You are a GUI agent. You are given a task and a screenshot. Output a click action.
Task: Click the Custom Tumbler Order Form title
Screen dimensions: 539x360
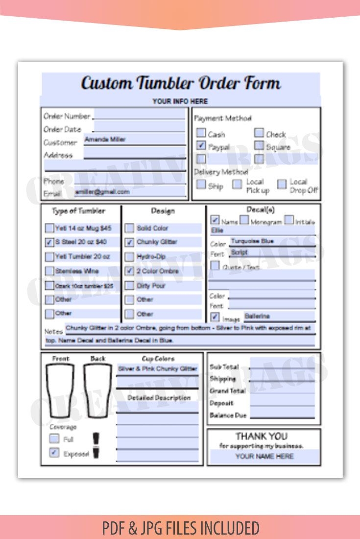tap(180, 83)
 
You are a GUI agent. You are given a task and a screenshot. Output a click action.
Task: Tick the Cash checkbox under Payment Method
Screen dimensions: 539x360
tap(201, 133)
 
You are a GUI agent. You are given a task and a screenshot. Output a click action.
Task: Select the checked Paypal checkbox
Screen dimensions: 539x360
tap(201, 146)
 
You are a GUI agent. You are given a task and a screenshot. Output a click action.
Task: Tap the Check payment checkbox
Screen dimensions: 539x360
tap(259, 133)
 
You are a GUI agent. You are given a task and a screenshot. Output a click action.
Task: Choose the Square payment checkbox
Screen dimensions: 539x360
tap(259, 146)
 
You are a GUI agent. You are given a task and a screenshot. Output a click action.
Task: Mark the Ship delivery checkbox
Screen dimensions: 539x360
tap(201, 185)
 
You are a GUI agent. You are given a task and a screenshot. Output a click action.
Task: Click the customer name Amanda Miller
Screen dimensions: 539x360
tap(105, 140)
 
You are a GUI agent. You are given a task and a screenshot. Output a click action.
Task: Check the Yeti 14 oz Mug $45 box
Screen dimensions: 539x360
tap(49, 228)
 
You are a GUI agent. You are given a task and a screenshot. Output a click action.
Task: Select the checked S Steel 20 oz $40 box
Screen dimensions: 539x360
tap(49, 242)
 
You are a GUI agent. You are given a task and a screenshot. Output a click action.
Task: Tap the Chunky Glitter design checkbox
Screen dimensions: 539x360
tap(129, 242)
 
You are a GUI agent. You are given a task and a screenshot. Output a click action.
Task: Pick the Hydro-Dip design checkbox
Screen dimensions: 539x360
tap(129, 256)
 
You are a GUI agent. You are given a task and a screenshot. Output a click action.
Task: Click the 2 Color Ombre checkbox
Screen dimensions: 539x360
tap(129, 270)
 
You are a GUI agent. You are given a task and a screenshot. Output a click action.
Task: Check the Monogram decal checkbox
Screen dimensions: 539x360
tap(244, 220)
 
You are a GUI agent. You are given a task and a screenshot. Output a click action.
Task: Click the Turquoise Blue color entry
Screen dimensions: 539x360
tap(252, 241)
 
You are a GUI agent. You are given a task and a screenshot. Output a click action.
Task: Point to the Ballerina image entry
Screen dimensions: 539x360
tap(257, 316)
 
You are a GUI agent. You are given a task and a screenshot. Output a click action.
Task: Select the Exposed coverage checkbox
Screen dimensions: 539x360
tap(54, 453)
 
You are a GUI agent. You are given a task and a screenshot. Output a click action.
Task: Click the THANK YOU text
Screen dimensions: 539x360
tap(262, 436)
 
